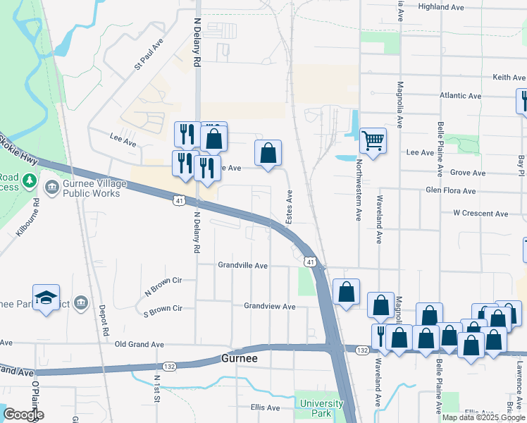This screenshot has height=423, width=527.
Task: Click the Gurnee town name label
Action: coord(240,358)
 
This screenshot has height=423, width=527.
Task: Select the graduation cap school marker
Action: coord(46,298)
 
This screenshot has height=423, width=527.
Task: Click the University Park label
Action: coord(322,408)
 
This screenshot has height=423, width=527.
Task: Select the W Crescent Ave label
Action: coord(480,213)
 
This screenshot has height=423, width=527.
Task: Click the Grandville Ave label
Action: coord(242,266)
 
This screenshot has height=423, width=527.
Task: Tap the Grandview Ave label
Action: coord(269,306)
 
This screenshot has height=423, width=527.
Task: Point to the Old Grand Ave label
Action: coord(139,345)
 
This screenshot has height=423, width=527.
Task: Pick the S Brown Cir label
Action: coord(163,309)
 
